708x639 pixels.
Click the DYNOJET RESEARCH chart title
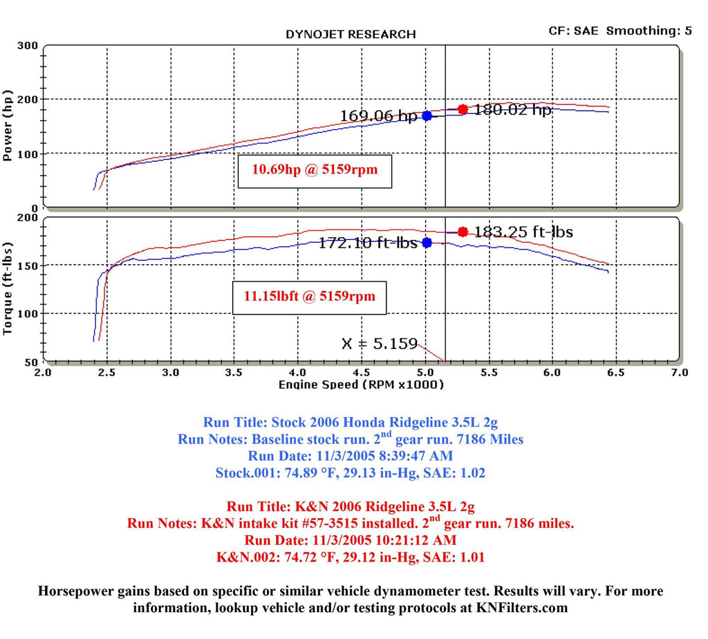(351, 34)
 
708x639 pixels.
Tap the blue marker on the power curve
(427, 115)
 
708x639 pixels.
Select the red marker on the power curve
(463, 109)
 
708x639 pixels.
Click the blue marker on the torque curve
(427, 243)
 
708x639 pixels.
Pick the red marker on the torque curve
(463, 232)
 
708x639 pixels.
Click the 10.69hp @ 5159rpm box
(315, 169)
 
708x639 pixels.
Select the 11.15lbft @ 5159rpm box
(309, 297)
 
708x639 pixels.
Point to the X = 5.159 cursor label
(380, 343)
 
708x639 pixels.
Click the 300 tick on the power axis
(28, 46)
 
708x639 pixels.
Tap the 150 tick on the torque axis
(28, 266)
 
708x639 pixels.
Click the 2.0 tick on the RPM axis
(43, 372)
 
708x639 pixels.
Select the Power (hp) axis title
(9, 125)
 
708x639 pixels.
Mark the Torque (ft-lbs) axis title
(9, 288)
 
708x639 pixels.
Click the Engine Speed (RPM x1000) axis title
(361, 385)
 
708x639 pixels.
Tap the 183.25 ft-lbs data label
(523, 232)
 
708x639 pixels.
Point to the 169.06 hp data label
(378, 116)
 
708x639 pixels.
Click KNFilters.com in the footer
(525, 608)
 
